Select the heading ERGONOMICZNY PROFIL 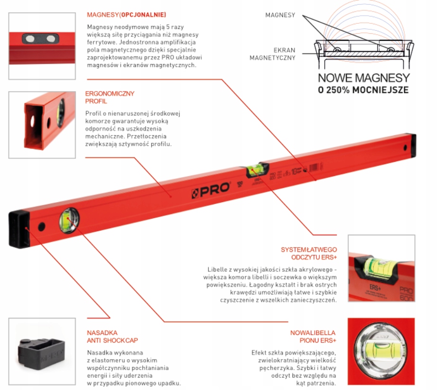click(x=109, y=97)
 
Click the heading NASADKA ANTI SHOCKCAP click(x=112, y=336)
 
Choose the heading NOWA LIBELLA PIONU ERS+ click(x=313, y=336)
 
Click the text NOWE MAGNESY click(x=363, y=78)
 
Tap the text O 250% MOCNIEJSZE click(x=363, y=90)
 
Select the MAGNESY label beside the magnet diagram click(x=280, y=15)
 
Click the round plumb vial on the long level click(x=69, y=220)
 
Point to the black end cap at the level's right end click(x=413, y=147)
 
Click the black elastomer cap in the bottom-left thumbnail click(x=40, y=351)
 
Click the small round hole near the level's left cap click(x=42, y=226)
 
